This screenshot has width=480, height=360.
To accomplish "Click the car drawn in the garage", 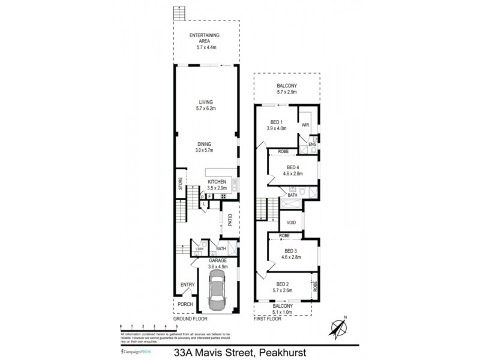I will [x=217, y=289].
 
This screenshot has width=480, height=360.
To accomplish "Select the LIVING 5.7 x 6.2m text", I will [x=206, y=106].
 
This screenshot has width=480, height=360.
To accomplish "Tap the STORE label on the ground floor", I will [x=179, y=184].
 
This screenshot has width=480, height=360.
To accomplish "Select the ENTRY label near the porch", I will [x=184, y=285].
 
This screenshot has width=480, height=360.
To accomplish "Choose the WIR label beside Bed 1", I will [x=305, y=126].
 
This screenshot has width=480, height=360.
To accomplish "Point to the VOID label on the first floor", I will [x=291, y=222].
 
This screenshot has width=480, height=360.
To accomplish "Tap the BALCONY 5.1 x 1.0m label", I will [x=285, y=309].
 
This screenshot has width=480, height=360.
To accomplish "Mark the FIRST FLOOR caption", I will [x=267, y=319].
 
